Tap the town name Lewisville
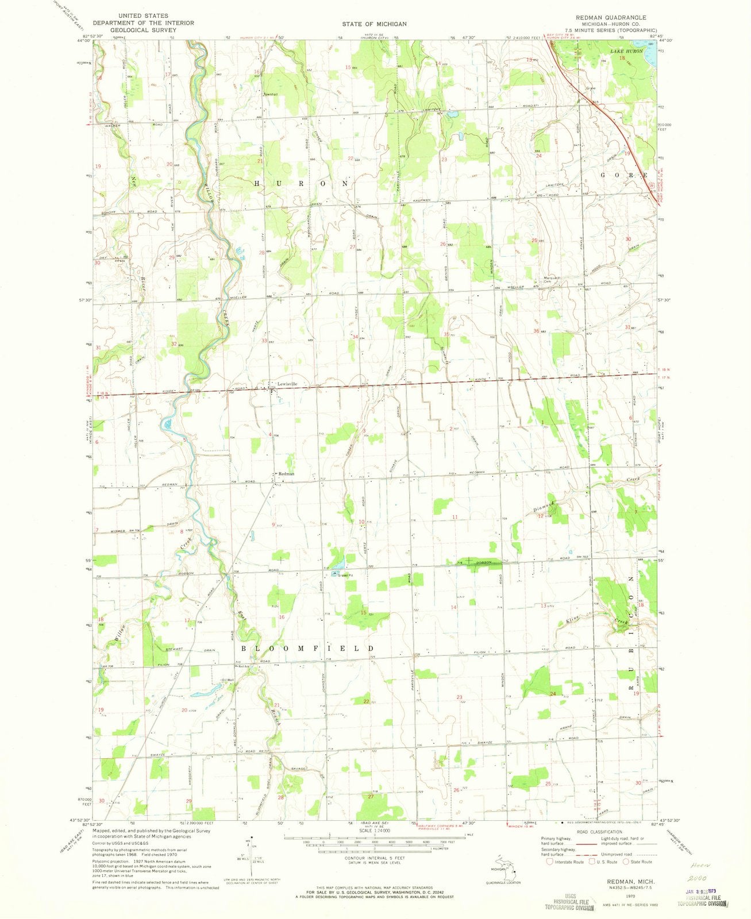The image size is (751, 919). pos(286,384)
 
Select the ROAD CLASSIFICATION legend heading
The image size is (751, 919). pos(601,831)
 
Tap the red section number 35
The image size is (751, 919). pos(446,334)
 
